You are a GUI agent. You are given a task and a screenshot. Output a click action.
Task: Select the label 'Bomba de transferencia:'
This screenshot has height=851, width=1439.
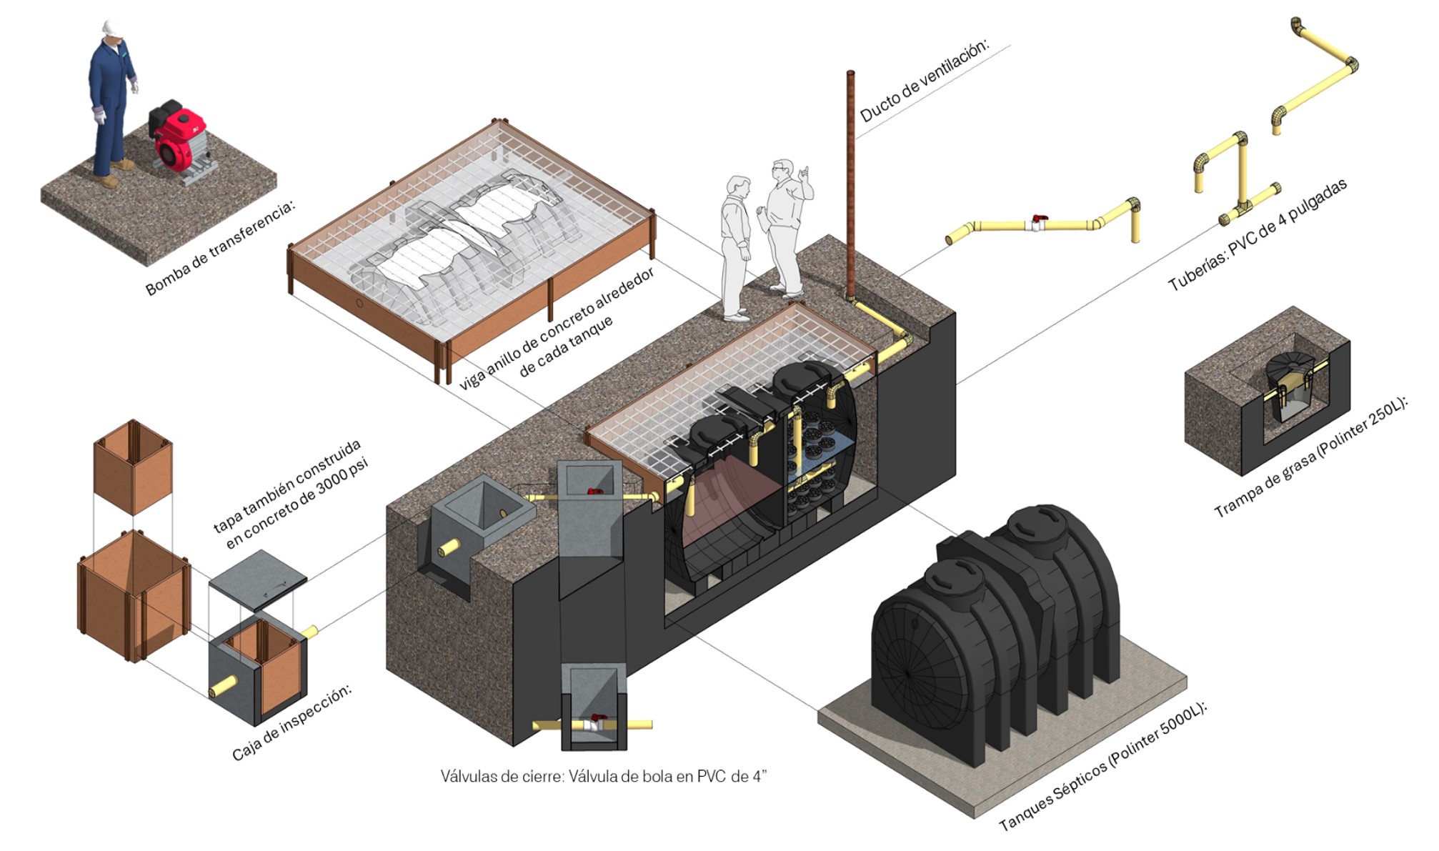(x=219, y=247)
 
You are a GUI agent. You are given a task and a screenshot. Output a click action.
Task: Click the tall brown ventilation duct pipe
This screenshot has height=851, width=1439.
(x=850, y=186)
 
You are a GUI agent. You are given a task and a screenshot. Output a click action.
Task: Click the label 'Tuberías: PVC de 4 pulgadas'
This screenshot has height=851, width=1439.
(x=1258, y=235)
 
